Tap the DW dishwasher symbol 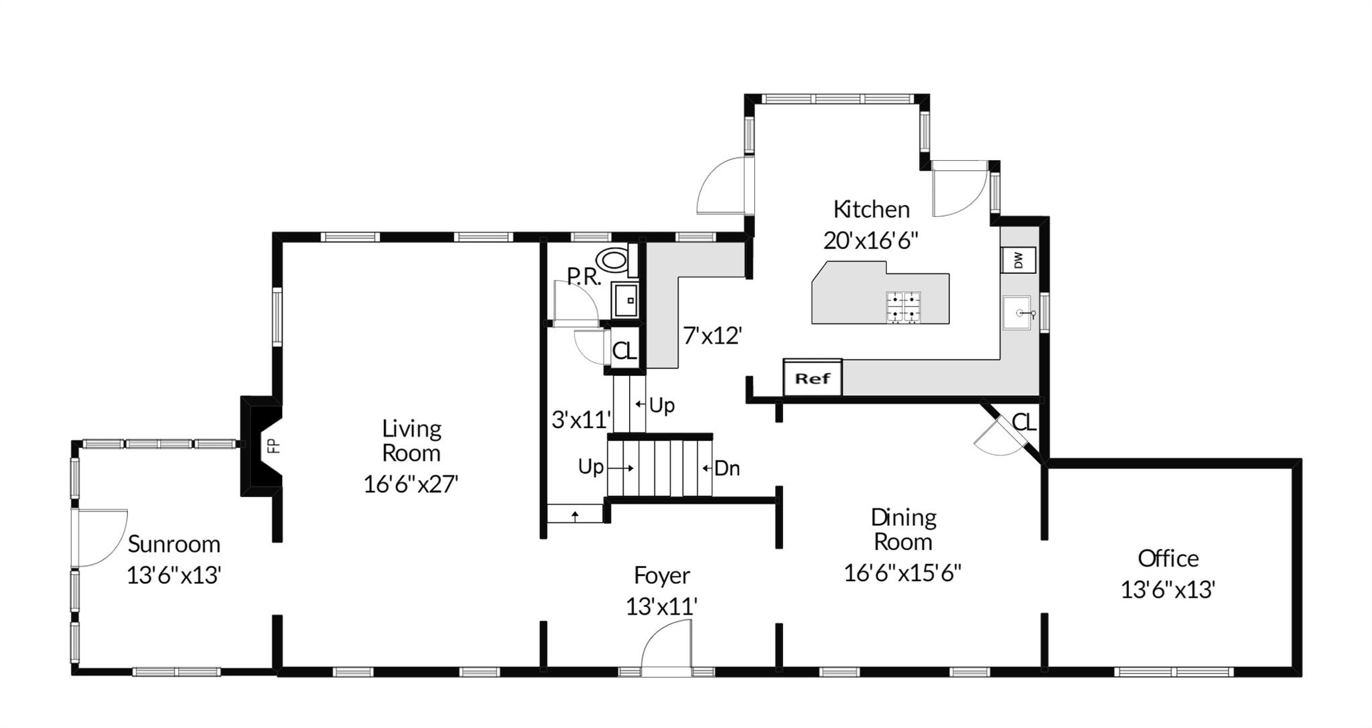pos(1018,260)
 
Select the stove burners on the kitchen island pos(904,307)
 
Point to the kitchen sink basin pos(1020,313)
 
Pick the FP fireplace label pos(273,446)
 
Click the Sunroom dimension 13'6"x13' pos(174,575)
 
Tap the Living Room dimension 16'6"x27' pos(411,484)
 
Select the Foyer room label pos(662,576)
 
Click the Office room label pos(1168,558)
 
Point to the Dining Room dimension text pos(902,573)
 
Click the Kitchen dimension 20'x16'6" pos(870,240)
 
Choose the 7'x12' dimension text pos(712,335)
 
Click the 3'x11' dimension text pos(581,420)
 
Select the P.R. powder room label pos(584,277)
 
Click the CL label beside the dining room pos(1024,423)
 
